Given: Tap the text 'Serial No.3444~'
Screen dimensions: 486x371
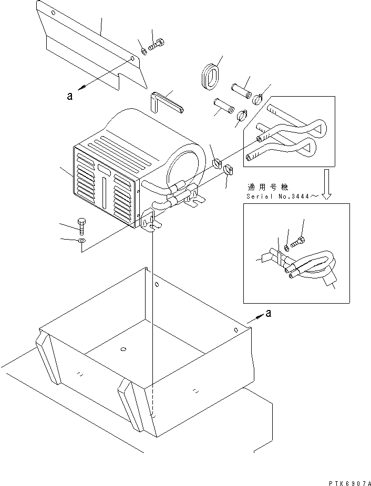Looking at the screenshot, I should pyautogui.click(x=281, y=197).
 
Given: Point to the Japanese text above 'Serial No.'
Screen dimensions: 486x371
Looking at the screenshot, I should pyautogui.click(x=265, y=187).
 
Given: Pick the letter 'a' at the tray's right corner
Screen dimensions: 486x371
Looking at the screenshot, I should pyautogui.click(x=269, y=313).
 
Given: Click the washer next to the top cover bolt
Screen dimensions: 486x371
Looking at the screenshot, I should pyautogui.click(x=143, y=51).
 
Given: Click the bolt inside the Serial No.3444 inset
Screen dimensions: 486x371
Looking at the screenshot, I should pyautogui.click(x=300, y=242).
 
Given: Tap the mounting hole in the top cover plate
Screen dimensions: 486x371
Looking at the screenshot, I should pyautogui.click(x=131, y=59).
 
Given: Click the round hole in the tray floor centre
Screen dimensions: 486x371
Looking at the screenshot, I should pyautogui.click(x=123, y=349).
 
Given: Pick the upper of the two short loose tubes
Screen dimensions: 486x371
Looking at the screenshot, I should pyautogui.click(x=242, y=87).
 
